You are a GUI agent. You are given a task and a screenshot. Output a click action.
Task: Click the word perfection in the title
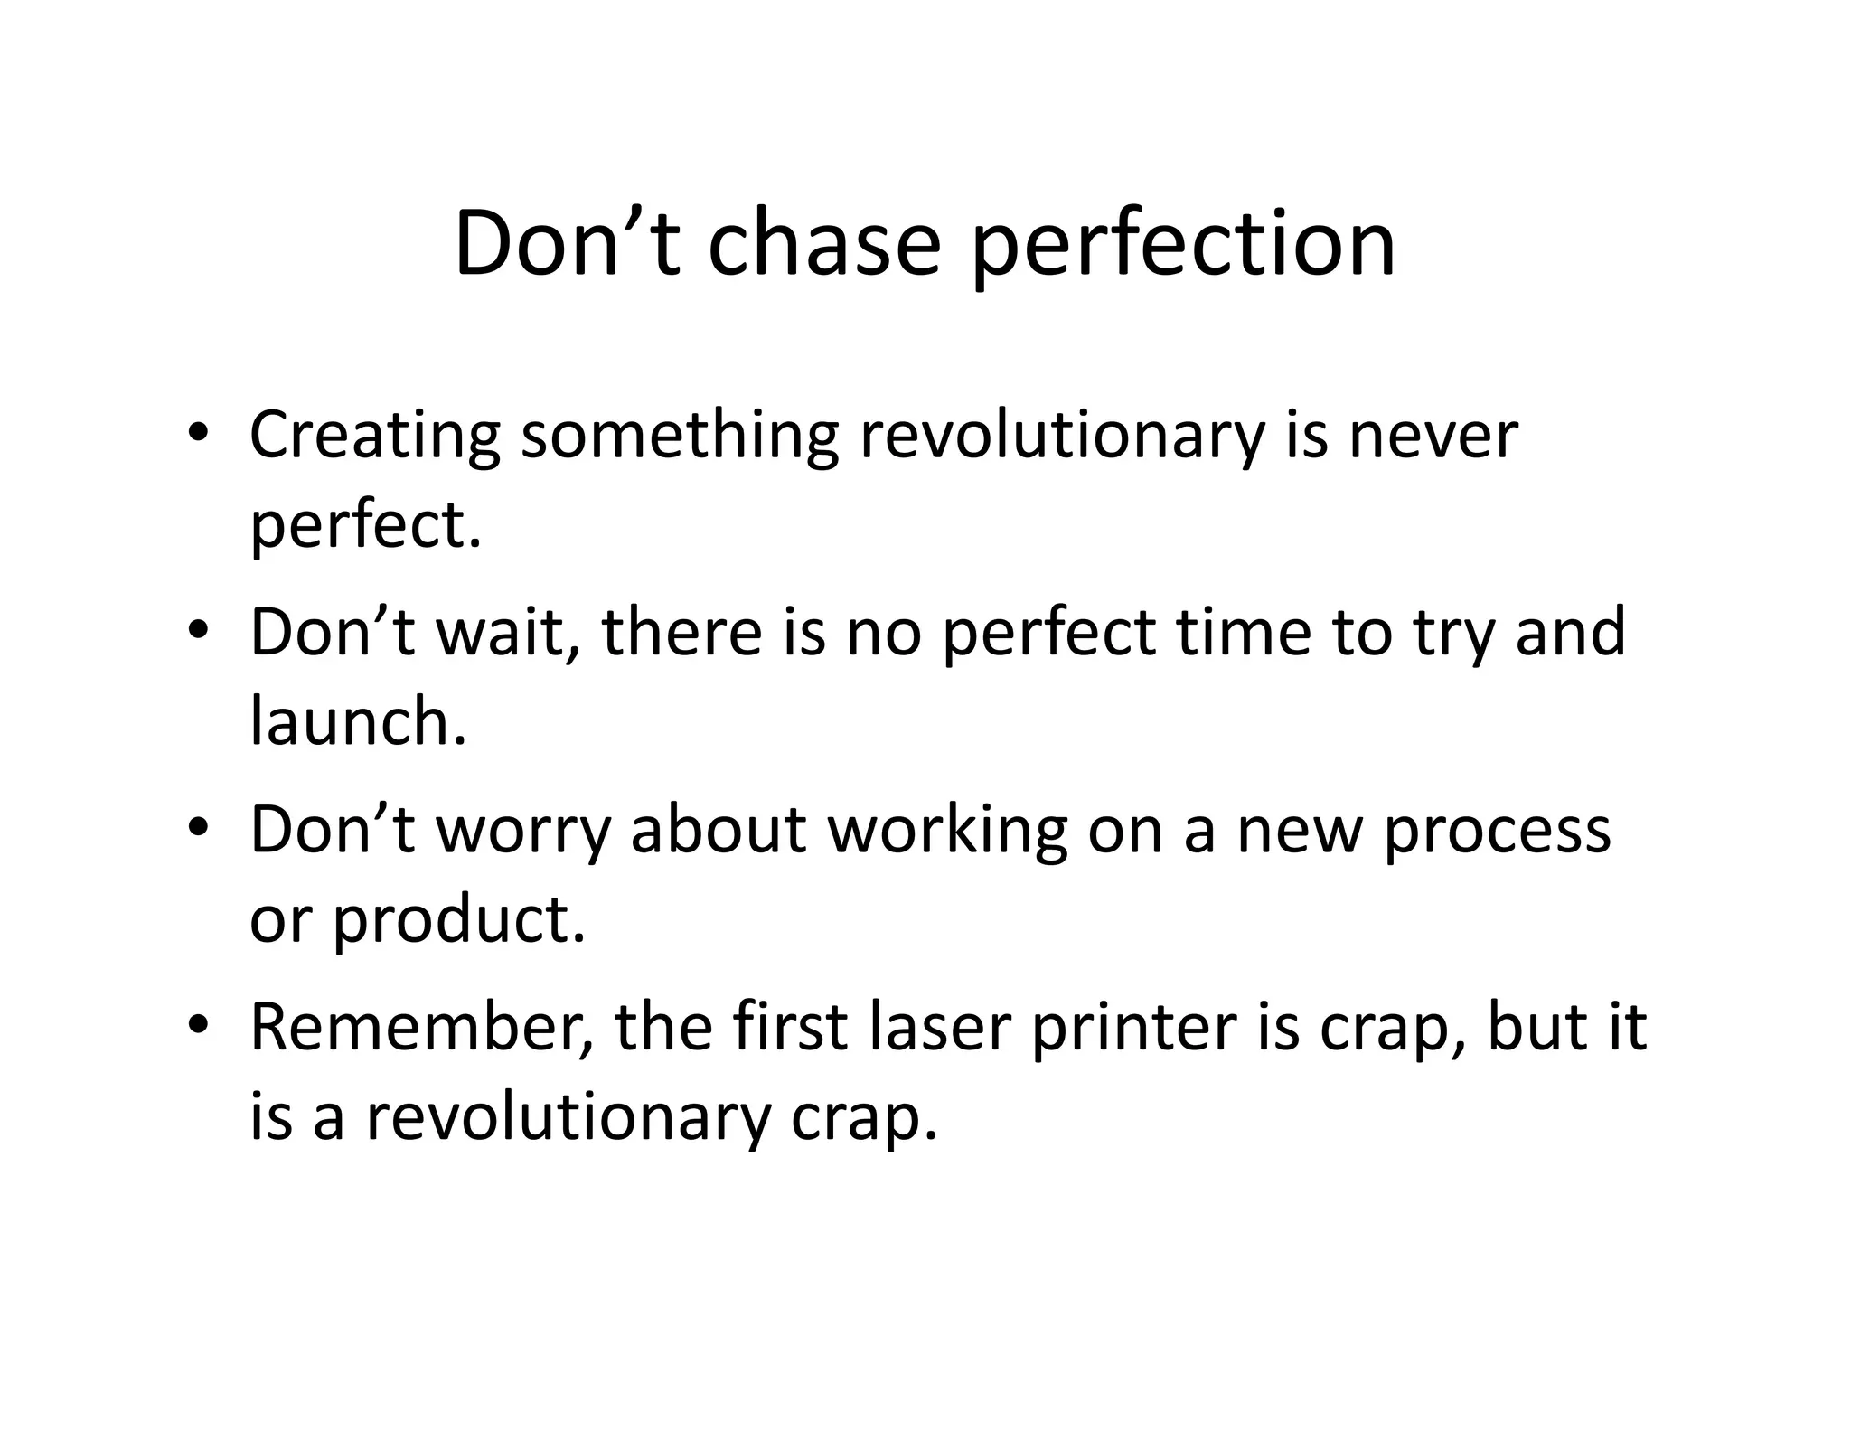tap(1183, 244)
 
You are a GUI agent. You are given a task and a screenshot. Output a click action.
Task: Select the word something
tap(680, 437)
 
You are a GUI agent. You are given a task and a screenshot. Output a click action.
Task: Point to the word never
tap(1433, 437)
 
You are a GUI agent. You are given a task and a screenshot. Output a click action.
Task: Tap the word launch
tap(358, 722)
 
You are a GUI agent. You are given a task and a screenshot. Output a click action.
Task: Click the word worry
tap(524, 831)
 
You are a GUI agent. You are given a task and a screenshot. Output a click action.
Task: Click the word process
tap(1498, 831)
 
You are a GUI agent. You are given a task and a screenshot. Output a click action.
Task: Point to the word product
tap(460, 921)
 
